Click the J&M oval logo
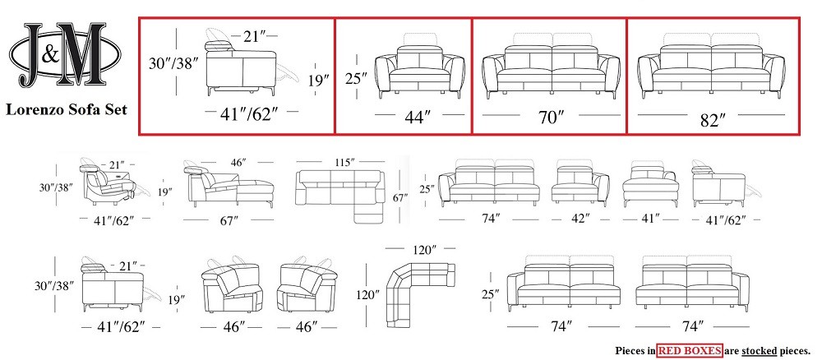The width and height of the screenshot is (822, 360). click(x=65, y=54)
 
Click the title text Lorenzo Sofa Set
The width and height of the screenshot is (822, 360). click(x=67, y=109)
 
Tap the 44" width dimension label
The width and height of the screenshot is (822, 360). click(x=418, y=117)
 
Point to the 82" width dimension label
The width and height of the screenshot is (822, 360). click(x=713, y=120)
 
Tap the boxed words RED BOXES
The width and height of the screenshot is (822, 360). click(x=690, y=350)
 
